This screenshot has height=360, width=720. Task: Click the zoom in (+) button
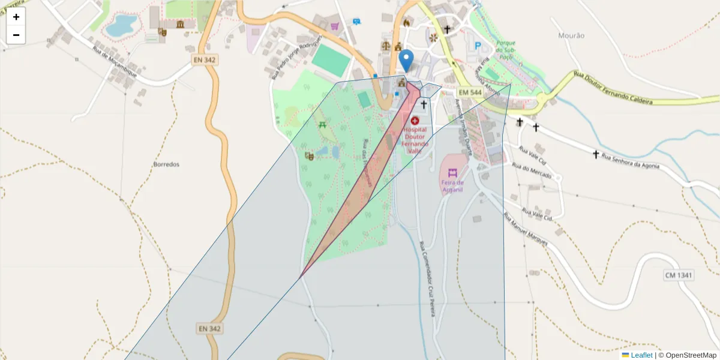point(16,17)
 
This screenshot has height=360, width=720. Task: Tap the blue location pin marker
point(406,61)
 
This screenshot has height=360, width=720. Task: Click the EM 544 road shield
point(470,92)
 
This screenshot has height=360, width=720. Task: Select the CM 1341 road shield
point(679,275)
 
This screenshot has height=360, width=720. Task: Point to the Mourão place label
point(571,36)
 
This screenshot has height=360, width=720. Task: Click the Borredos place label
point(166,164)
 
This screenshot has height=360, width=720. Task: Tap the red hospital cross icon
point(415,121)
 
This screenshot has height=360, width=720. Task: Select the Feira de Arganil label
point(452,186)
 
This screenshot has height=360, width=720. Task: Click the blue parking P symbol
point(478,46)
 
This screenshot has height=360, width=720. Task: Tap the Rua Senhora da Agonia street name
point(631,161)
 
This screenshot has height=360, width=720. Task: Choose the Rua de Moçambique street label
point(115,62)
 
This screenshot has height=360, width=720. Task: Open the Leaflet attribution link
point(641,355)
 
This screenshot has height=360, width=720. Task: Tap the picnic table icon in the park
point(323,125)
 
